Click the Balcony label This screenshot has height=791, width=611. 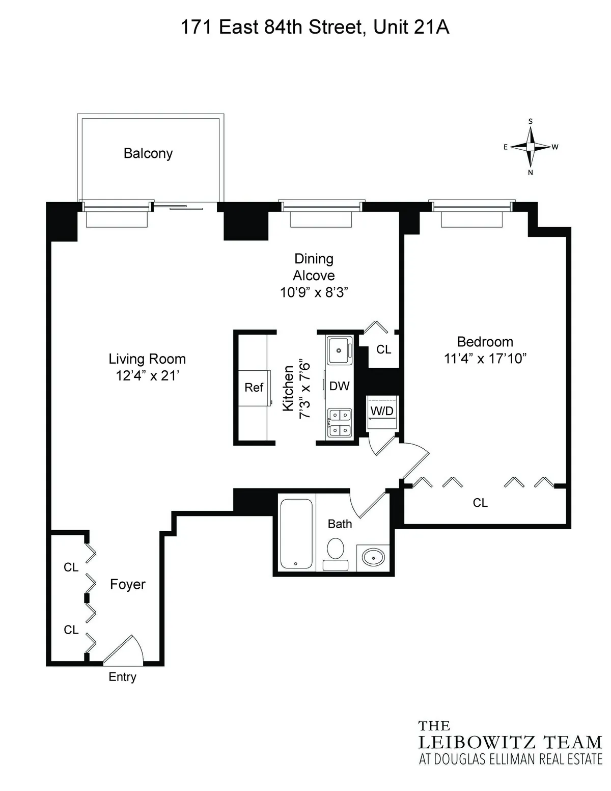(148, 153)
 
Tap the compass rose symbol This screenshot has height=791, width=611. (531, 147)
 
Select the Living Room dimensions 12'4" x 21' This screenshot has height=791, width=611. (147, 376)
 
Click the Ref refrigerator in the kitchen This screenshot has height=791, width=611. (254, 388)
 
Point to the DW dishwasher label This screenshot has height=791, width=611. (339, 386)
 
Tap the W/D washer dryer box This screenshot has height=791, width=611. (382, 411)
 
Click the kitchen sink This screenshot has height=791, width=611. (339, 350)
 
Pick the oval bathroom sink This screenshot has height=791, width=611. (374, 558)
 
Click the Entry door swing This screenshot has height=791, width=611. (124, 651)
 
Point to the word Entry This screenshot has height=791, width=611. (122, 677)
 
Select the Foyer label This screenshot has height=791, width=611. (128, 584)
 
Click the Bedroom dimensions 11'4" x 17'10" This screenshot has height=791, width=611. (485, 359)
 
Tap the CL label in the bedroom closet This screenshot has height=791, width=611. (480, 503)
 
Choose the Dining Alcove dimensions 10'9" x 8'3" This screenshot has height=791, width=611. (314, 292)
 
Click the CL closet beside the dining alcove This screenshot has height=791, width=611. (383, 349)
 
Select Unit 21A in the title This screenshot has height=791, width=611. (411, 27)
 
